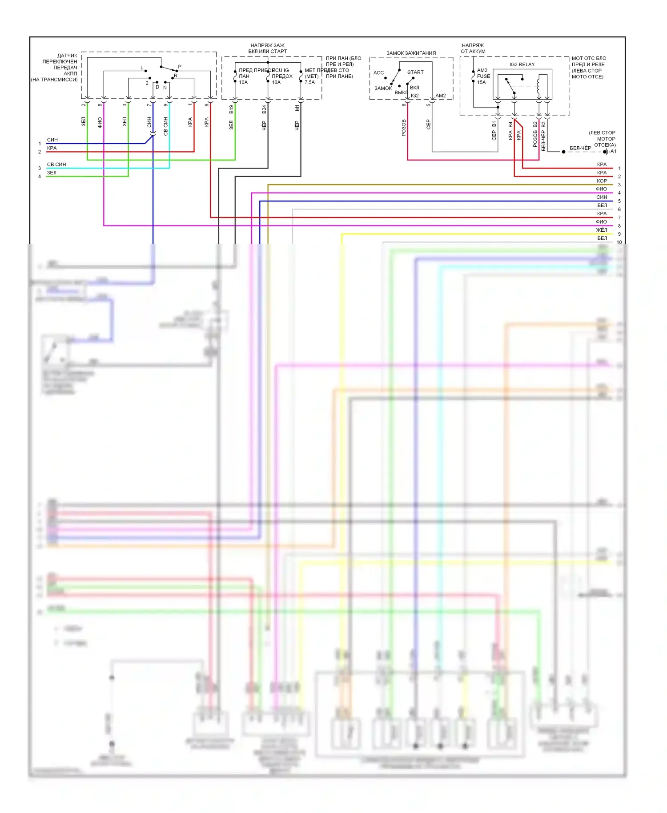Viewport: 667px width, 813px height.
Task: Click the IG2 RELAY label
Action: [522, 64]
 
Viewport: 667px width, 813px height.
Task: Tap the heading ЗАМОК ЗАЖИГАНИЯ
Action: [411, 53]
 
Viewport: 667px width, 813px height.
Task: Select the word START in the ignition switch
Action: [415, 72]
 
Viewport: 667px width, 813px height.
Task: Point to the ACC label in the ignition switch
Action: [378, 72]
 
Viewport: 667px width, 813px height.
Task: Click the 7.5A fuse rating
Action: [309, 82]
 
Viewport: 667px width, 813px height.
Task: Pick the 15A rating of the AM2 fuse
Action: [481, 82]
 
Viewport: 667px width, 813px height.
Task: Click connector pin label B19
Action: [231, 109]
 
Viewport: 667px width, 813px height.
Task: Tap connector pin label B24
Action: [264, 109]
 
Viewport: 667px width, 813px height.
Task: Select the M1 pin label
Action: [297, 108]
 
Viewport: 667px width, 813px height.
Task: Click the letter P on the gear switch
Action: [180, 67]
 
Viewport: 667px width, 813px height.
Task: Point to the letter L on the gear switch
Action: [142, 68]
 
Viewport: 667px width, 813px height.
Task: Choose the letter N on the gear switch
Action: [165, 88]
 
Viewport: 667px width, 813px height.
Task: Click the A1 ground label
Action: [613, 151]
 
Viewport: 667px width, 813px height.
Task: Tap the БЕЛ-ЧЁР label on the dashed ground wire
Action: [580, 148]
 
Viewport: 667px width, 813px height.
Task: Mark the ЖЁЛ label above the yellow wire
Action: [601, 230]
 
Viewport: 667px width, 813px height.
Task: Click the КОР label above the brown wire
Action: [602, 181]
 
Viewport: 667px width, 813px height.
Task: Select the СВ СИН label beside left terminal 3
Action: [56, 165]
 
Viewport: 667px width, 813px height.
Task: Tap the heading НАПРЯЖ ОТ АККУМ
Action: [473, 48]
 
